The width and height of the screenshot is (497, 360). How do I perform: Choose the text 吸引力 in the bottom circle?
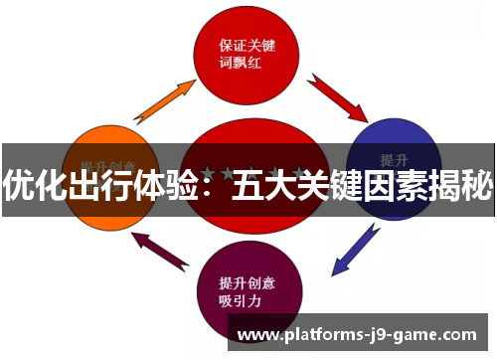(239, 299)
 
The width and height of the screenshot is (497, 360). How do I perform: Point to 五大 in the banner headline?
(265, 185)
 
